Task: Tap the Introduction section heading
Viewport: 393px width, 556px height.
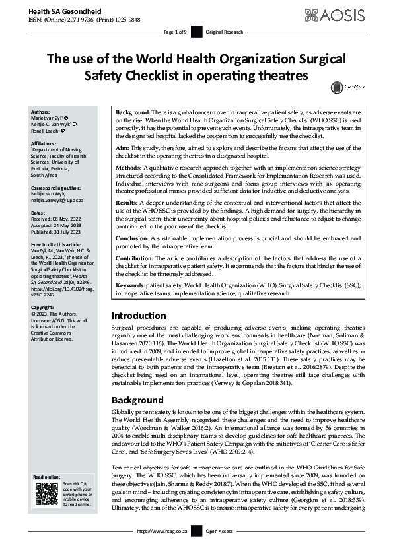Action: [x=139, y=316]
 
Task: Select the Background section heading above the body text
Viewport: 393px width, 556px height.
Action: [x=137, y=400]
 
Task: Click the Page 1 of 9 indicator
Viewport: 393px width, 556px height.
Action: [x=174, y=32]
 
